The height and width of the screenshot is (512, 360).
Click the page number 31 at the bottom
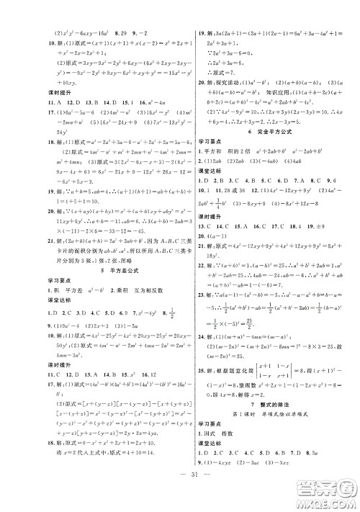click(x=179, y=493)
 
